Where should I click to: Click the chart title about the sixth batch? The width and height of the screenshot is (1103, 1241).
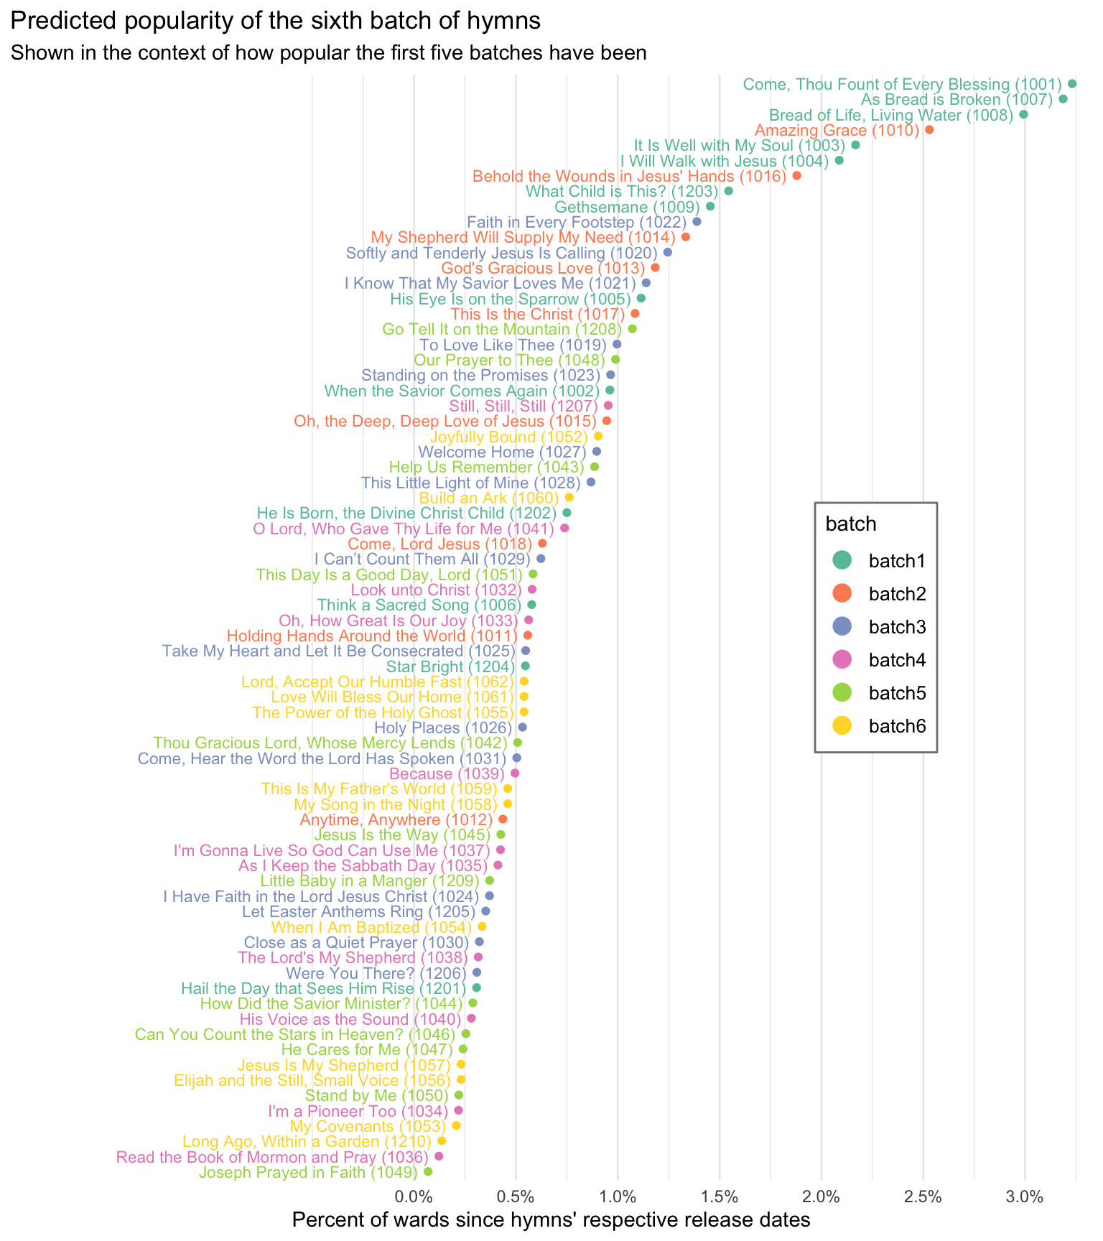pos(275,22)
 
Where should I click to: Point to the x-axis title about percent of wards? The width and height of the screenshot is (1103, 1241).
pos(551,1220)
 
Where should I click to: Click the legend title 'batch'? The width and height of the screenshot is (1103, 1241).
pos(851,524)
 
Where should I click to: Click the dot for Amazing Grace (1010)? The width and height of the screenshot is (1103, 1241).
pos(929,130)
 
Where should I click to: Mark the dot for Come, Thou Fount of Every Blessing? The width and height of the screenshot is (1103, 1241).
pos(1072,84)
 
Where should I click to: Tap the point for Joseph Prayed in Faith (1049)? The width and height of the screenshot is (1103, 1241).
pos(428,1171)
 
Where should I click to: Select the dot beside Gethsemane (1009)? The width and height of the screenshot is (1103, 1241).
pos(710,207)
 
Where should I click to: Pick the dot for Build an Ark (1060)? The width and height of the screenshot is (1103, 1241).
pos(569,498)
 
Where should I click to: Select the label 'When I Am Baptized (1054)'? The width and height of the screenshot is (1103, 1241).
pos(372,927)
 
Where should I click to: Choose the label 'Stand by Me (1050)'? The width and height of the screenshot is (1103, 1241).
pos(377,1096)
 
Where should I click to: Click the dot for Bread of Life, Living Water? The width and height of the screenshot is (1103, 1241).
pos(1023,115)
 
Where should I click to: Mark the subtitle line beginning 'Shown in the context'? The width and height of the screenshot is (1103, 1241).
pos(329,55)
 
